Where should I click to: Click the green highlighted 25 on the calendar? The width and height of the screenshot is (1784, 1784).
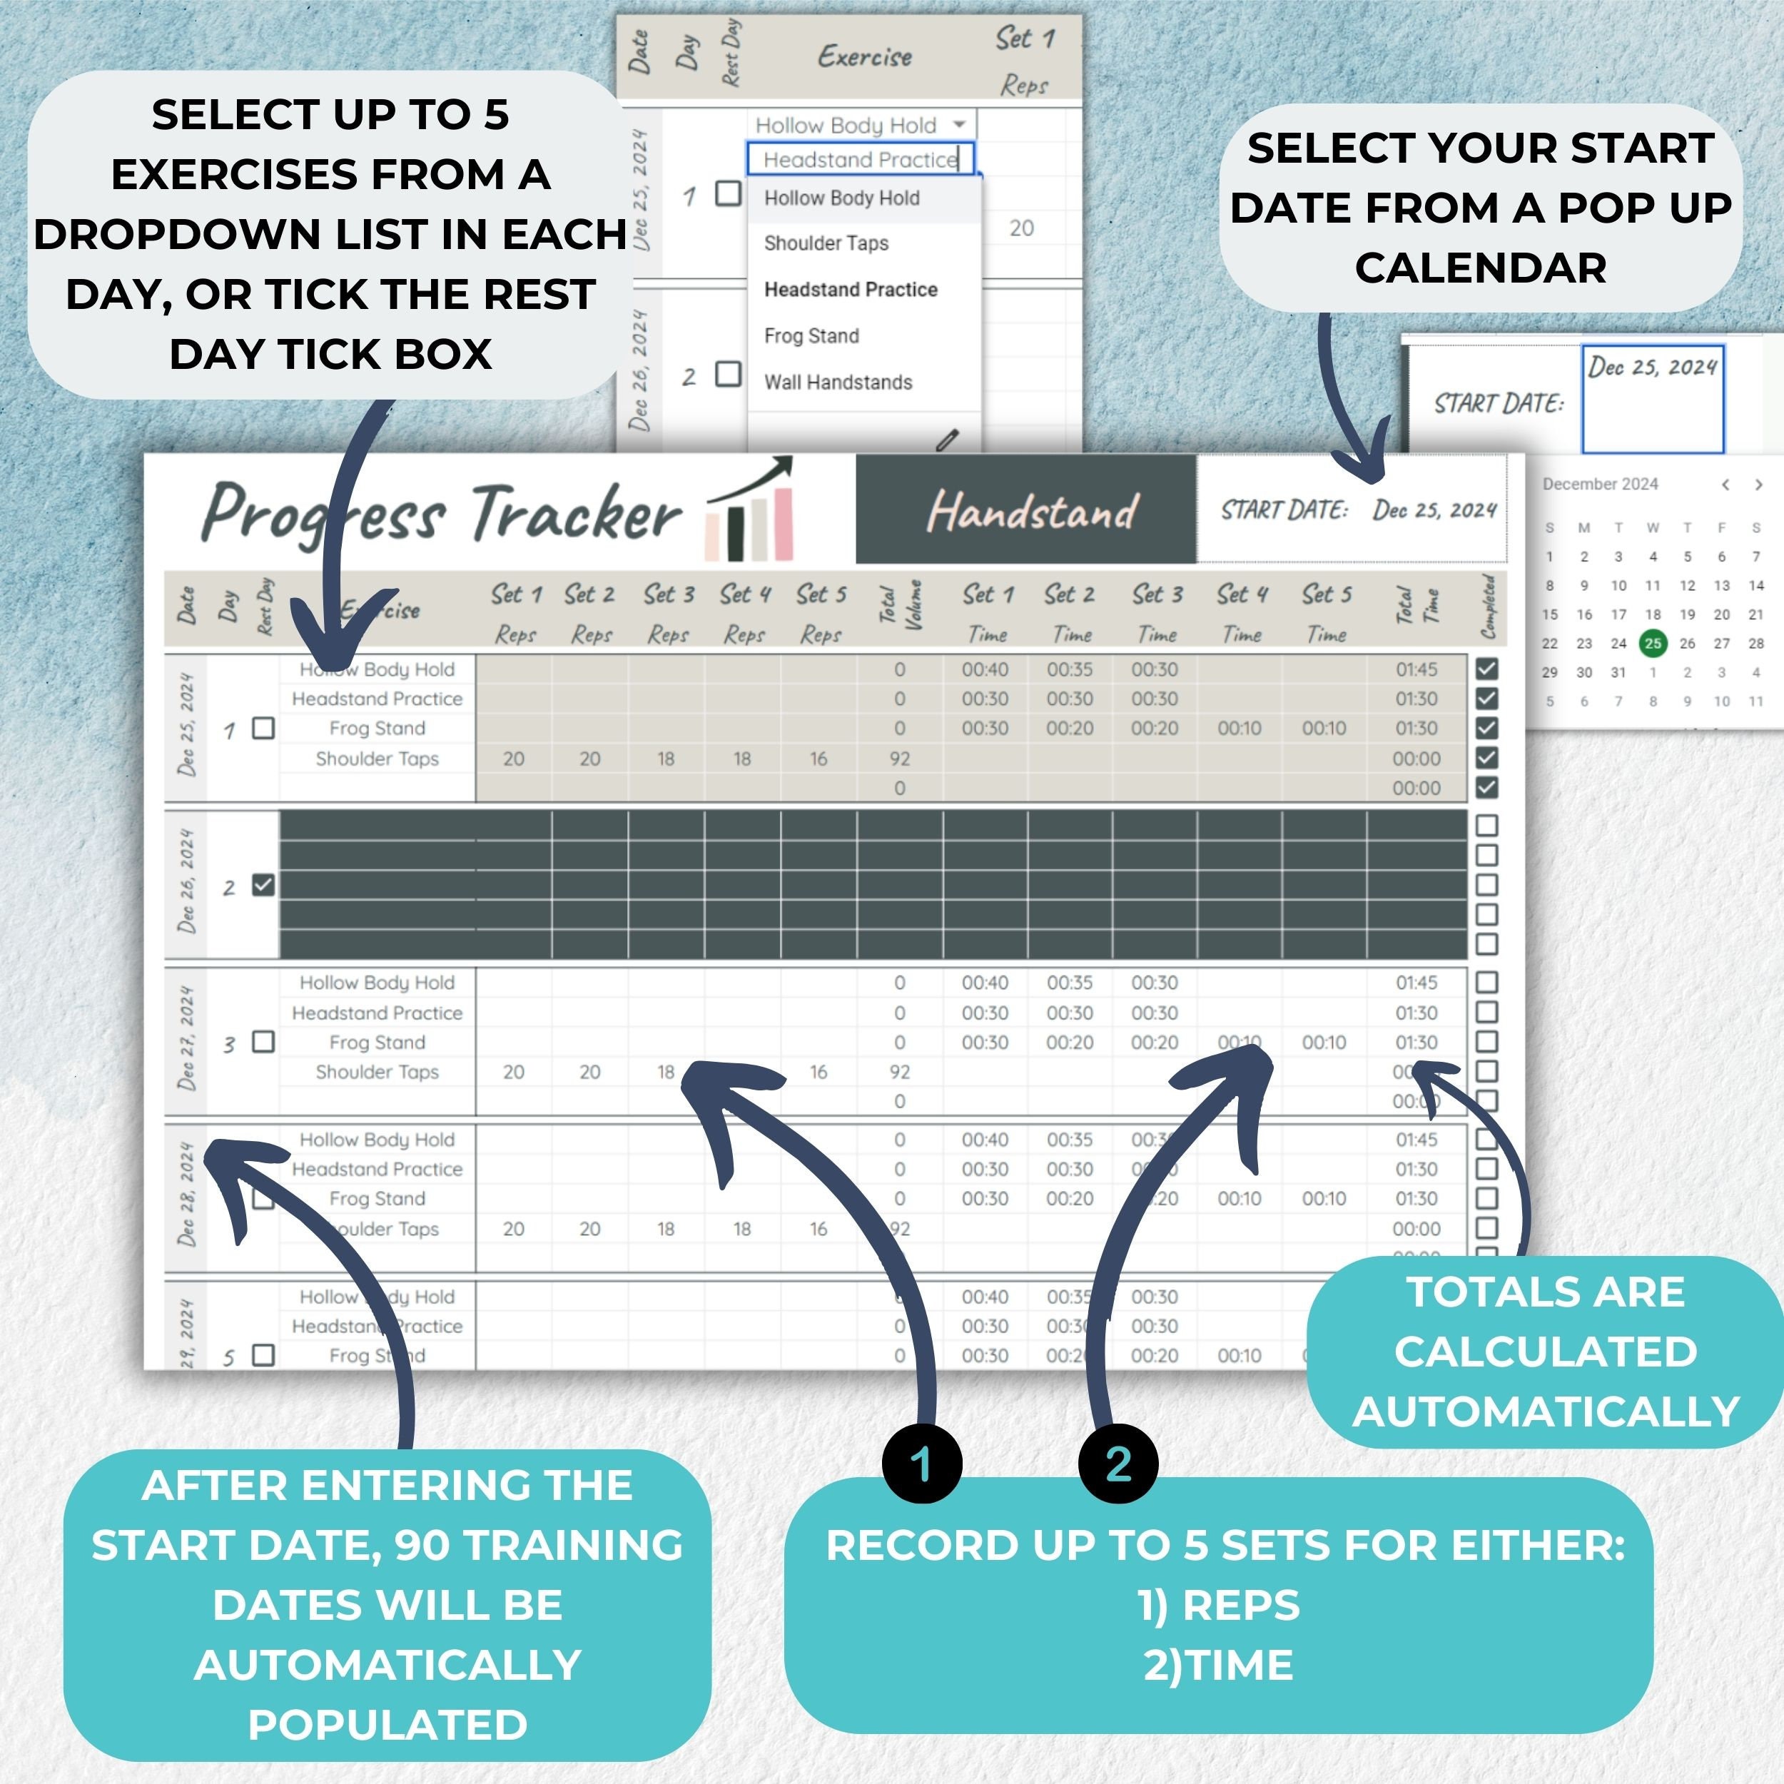[x=1652, y=643]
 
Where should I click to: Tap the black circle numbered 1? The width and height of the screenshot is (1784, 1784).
[x=921, y=1464]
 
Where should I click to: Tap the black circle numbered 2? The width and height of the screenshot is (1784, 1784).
[x=1118, y=1464]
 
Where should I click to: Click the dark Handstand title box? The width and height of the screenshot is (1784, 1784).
[x=1026, y=509]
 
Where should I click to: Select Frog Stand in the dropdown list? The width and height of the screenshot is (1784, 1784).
[x=811, y=336]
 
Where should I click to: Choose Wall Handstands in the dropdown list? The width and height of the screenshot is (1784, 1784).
[x=838, y=382]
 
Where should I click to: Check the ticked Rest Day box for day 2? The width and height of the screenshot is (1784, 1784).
[x=263, y=886]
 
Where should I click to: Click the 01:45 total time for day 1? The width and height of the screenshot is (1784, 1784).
[x=1416, y=669]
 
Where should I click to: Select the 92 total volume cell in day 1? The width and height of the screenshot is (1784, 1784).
[x=899, y=759]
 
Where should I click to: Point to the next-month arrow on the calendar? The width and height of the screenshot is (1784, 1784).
[x=1758, y=485]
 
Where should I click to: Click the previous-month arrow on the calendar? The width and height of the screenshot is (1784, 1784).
[x=1725, y=485]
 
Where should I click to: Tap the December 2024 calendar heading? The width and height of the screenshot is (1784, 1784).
[x=1600, y=484]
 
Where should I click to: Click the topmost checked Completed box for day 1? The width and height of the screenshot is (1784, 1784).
[x=1486, y=669]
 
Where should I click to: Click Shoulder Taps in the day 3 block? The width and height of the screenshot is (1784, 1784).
[x=377, y=1072]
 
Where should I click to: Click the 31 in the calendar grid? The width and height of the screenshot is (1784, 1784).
[x=1618, y=672]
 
